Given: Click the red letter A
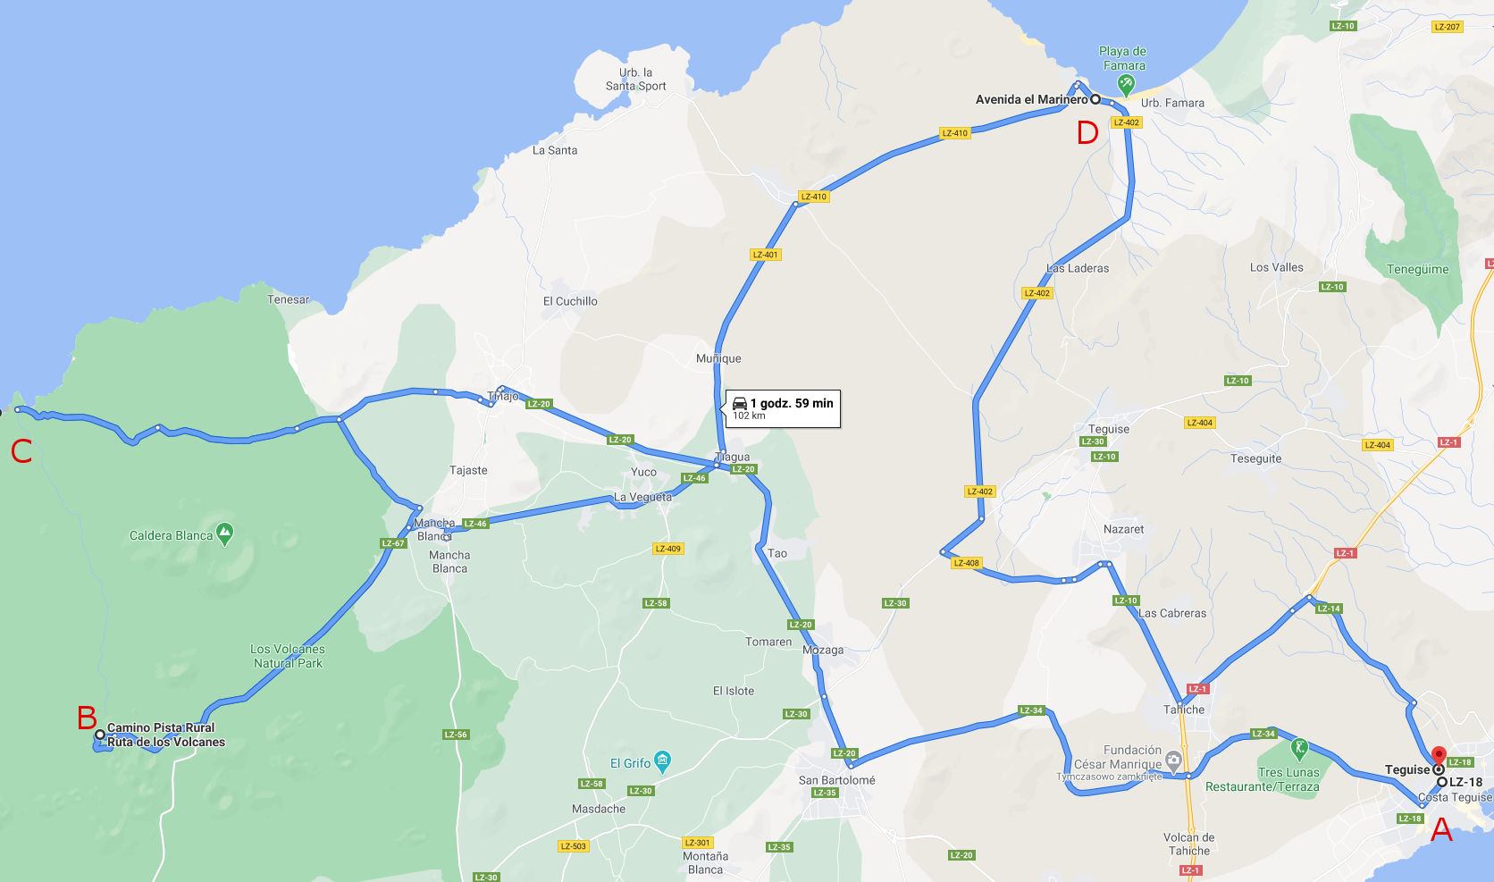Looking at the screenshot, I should tap(1441, 831).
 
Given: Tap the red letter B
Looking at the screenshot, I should tap(87, 718).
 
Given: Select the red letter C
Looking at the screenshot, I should tap(21, 451).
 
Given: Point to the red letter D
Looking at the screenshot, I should tap(1087, 133).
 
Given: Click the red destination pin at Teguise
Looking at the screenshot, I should tap(1439, 756).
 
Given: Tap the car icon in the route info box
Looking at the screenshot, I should tap(740, 403).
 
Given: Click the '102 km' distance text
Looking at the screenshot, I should tap(749, 416).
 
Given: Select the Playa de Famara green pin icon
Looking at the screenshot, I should tap(1126, 84).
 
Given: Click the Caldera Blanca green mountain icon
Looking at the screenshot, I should tap(225, 534).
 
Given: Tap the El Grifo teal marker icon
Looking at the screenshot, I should tap(662, 761).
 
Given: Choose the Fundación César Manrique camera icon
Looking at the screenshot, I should tap(1174, 760).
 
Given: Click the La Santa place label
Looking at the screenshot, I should tap(555, 150).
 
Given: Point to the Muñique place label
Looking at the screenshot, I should tap(718, 358).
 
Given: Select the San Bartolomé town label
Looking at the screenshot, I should tap(836, 780).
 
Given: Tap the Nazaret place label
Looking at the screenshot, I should tap(1123, 529).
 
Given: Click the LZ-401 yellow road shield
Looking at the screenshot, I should tap(766, 255).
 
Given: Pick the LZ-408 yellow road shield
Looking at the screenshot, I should tap(967, 563).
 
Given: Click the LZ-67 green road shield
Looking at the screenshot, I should tap(393, 543).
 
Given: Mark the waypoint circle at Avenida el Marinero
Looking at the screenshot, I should tap(1095, 99).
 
